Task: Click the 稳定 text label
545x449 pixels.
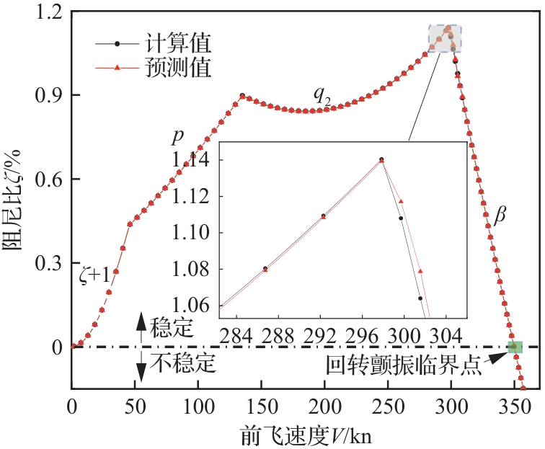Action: tap(172, 329)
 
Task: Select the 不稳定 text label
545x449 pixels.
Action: tap(183, 363)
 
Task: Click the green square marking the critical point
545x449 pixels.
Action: tap(515, 347)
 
